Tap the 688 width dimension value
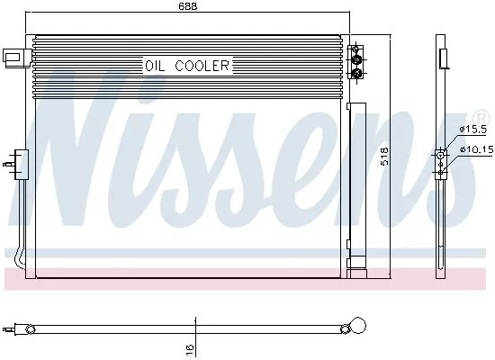coord(187,7)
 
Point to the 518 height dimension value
coord(385,158)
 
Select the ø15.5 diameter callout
coord(472,131)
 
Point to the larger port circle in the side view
coord(441,155)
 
